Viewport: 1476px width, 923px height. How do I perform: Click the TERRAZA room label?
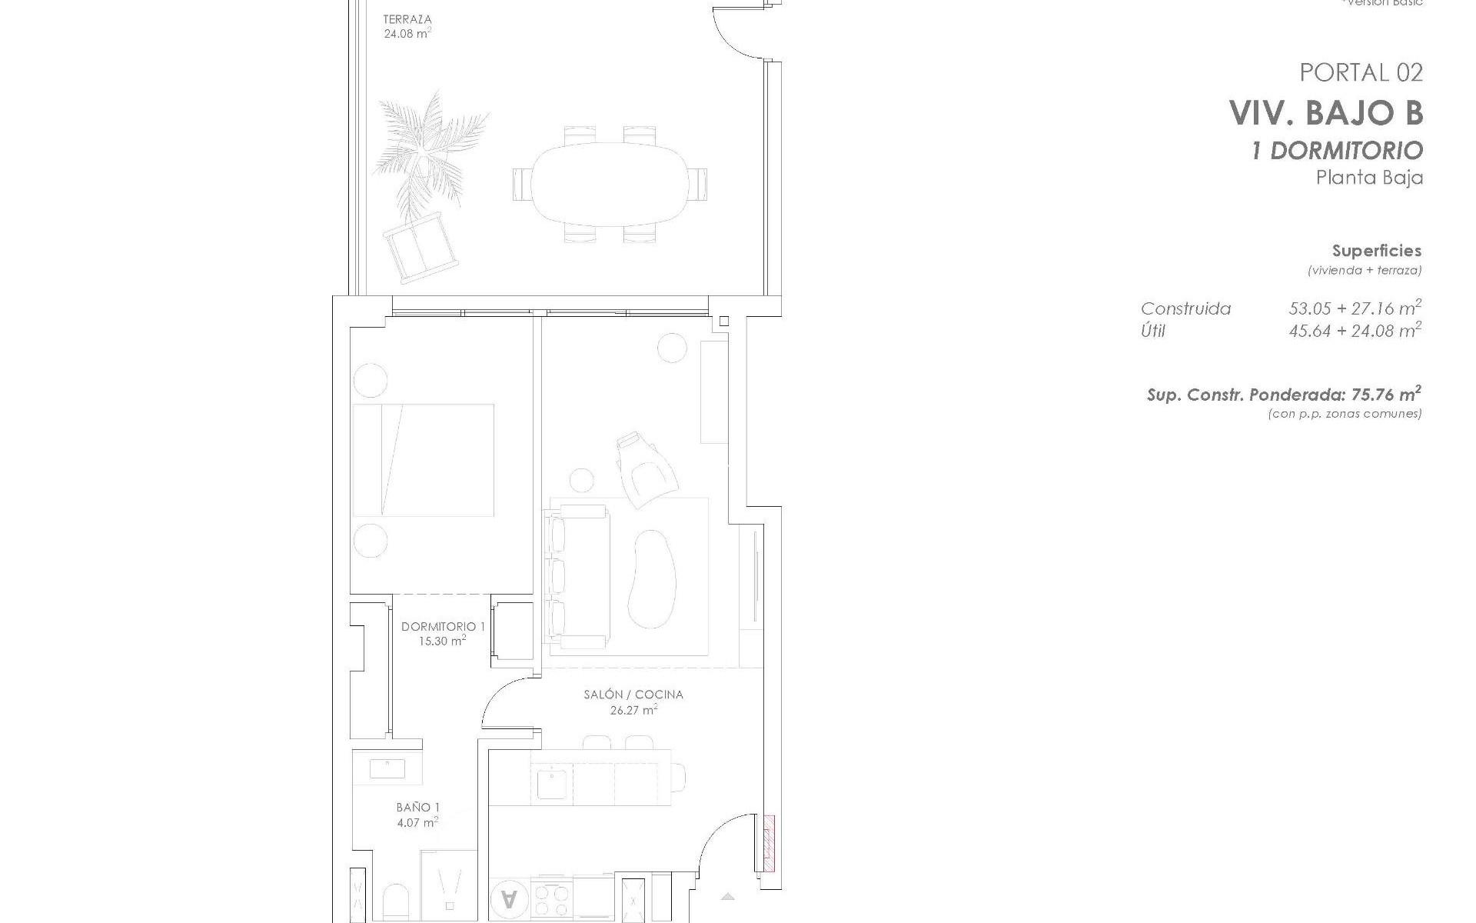[407, 19]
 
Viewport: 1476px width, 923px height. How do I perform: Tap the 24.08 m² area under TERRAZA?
[407, 34]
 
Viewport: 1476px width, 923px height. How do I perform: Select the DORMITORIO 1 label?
[443, 626]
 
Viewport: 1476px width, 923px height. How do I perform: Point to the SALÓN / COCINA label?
[633, 695]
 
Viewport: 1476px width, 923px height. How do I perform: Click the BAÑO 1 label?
[418, 807]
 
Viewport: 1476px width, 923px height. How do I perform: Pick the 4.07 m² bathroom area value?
[418, 822]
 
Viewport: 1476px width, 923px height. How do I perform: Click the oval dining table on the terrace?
[608, 184]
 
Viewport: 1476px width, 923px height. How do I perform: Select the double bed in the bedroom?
[423, 460]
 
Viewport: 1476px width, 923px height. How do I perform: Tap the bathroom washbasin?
[387, 768]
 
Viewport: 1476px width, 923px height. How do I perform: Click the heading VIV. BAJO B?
[1326, 113]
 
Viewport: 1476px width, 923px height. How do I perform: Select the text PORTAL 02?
[1361, 72]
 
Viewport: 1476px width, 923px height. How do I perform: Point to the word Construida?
[1185, 309]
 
